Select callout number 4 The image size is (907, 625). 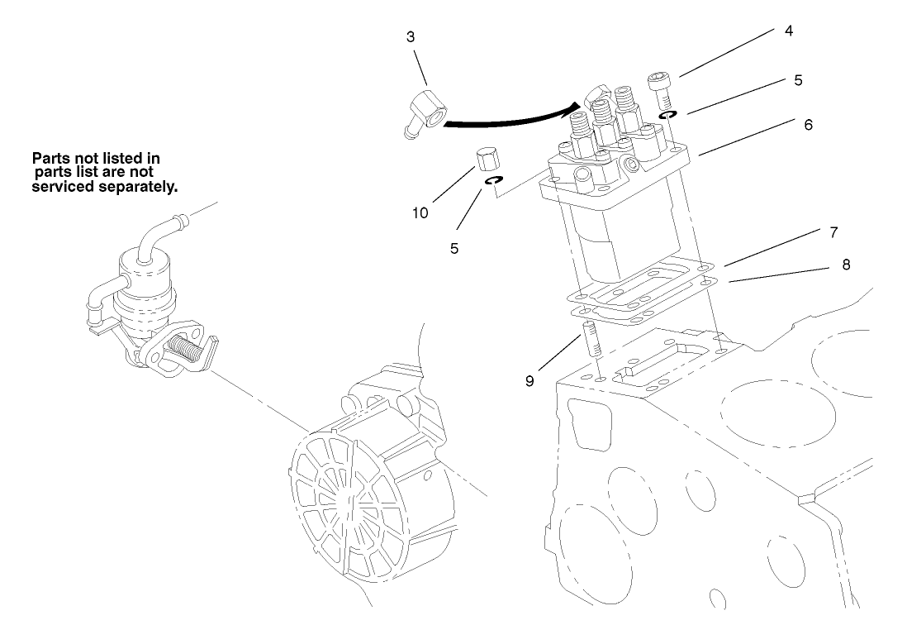(x=789, y=31)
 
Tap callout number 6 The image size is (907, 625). (x=808, y=125)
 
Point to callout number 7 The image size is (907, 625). (x=833, y=232)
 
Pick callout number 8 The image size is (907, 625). (x=845, y=265)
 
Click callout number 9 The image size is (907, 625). (x=529, y=381)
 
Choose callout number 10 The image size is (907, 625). (x=421, y=212)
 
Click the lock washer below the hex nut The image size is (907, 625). (x=493, y=180)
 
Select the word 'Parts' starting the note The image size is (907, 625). (x=50, y=157)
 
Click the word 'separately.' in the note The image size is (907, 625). (x=140, y=187)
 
